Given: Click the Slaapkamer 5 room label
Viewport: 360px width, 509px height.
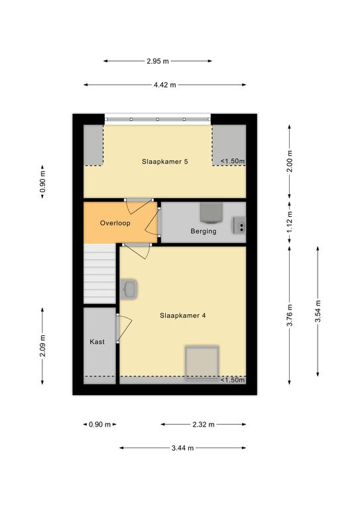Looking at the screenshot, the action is [x=164, y=161].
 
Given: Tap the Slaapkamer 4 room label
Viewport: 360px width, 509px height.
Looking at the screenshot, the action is [x=182, y=315].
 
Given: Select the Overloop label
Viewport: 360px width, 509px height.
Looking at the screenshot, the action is [x=115, y=223].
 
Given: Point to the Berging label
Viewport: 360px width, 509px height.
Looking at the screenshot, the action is [x=204, y=231].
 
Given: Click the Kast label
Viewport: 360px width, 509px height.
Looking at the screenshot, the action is [x=97, y=341].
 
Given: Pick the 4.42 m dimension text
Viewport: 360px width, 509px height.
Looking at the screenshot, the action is [x=164, y=85].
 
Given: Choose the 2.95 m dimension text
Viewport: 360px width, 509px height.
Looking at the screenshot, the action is [x=158, y=61].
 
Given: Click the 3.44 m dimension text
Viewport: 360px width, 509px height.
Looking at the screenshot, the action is [x=182, y=448].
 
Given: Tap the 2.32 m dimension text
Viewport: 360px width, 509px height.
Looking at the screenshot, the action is [x=204, y=424].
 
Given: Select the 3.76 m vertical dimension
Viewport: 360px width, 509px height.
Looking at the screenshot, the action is [x=290, y=315].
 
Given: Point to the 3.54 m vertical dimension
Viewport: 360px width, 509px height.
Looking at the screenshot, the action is [x=318, y=311].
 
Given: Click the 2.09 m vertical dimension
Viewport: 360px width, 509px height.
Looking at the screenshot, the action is [x=42, y=346].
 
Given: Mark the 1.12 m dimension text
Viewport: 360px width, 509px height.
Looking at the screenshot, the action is [x=290, y=222].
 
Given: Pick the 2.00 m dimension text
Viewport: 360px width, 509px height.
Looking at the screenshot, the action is [x=290, y=161].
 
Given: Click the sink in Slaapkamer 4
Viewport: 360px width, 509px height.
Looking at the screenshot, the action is [x=129, y=289].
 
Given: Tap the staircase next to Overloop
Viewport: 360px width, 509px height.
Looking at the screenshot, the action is [x=99, y=274].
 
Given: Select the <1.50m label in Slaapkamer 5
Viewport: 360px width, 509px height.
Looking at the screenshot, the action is [x=233, y=161].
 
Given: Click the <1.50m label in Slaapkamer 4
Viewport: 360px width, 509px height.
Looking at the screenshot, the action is [x=233, y=380].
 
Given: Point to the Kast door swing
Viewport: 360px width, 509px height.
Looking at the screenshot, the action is [x=124, y=328].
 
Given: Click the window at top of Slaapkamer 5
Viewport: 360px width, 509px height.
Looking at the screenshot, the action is [x=158, y=119].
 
